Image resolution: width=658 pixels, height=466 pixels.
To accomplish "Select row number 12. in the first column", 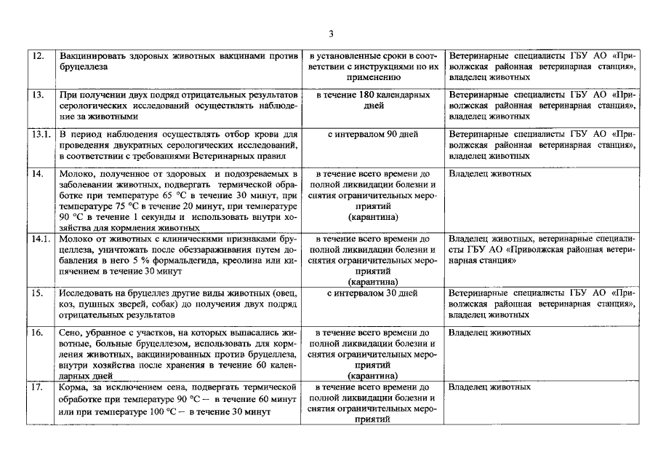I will coord(36,56).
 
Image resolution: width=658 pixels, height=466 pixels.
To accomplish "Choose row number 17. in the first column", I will coord(36,387).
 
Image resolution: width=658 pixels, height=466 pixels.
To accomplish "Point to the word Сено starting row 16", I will coord(71,333).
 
